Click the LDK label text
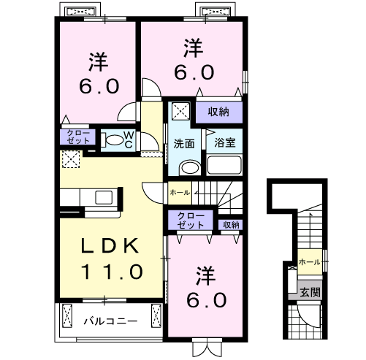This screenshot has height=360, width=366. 110,246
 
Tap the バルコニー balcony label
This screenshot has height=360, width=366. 110,321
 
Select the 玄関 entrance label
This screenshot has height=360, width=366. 310,292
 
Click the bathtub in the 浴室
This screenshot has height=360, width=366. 224,165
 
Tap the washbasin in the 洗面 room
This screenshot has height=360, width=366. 190,168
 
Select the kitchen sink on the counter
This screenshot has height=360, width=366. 104,197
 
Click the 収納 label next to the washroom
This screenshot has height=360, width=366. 218,112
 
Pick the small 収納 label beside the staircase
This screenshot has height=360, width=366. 231,225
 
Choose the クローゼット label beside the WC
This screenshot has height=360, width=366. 78,137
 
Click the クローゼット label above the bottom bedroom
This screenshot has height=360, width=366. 191,221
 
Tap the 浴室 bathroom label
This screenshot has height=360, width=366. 225,142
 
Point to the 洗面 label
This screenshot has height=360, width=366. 184,144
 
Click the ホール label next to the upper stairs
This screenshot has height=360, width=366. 180,193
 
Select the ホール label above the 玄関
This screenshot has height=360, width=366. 309,262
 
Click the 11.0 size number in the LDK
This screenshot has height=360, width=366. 112,272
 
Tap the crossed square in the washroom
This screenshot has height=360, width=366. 180,111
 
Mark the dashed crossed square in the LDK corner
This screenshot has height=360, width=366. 71,159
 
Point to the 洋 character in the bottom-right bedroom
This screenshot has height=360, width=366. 206,276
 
